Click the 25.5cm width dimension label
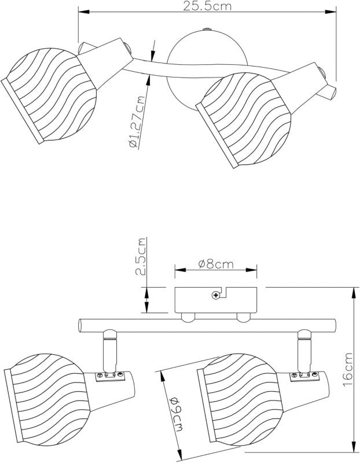207,6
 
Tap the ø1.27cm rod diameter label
137,122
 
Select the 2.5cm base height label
141,256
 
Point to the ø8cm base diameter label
216,264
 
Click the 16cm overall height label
348,370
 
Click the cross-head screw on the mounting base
216,295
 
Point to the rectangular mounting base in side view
215,300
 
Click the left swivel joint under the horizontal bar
109,350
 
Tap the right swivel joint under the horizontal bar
304,351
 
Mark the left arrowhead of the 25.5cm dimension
83,12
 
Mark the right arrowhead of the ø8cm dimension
251,270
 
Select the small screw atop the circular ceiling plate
207,30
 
